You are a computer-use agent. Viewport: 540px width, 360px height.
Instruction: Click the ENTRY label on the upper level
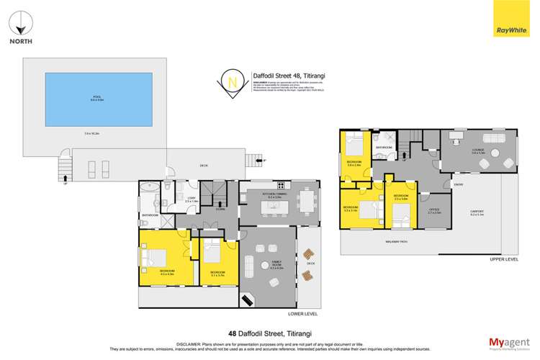[x=458, y=184]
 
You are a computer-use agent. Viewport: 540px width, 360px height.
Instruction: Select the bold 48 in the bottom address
[x=232, y=333]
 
